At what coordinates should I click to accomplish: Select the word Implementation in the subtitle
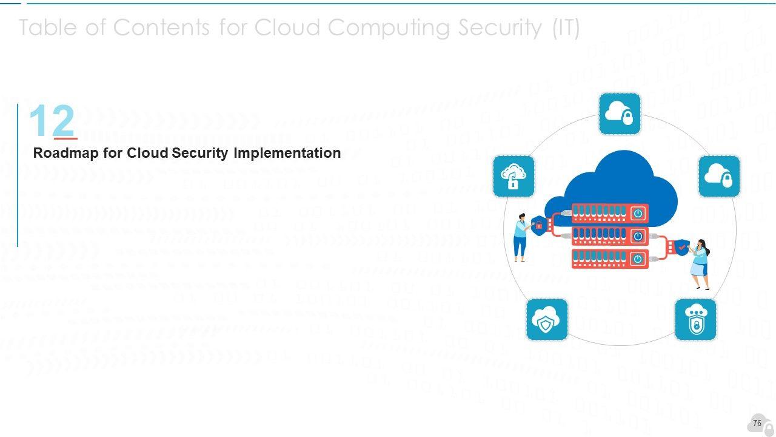287,153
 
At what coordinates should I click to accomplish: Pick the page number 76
757,423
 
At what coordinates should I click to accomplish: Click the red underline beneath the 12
65,138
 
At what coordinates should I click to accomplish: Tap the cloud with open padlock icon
513,176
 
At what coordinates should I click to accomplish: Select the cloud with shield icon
547,319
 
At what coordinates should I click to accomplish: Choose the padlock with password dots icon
695,319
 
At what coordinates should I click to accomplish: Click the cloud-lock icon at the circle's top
620,113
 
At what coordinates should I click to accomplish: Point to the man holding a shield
520,237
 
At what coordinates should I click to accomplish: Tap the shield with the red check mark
683,248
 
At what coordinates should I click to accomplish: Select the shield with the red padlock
538,225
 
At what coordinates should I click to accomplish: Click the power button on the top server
638,213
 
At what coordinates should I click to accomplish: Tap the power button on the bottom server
638,259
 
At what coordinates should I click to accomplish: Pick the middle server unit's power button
638,236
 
